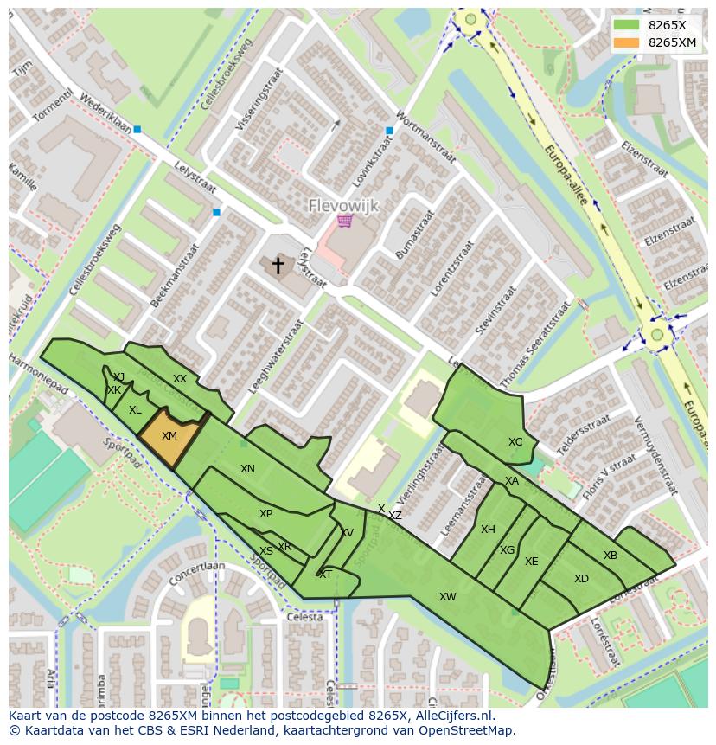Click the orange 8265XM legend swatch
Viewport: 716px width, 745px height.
[627, 42]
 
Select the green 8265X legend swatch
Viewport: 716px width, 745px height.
[627, 25]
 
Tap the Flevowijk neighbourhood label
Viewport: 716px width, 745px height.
[345, 206]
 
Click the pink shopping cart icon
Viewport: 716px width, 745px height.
[345, 222]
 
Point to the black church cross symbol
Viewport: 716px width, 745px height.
[278, 266]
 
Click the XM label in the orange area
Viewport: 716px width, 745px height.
[169, 436]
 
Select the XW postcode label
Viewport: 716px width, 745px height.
[447, 596]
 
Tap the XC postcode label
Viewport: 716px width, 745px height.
[515, 442]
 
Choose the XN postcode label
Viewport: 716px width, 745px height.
[247, 469]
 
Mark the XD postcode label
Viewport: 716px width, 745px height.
[581, 579]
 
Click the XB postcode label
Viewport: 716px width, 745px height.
[611, 556]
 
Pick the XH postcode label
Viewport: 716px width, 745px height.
[488, 530]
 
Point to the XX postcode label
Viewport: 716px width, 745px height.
[180, 379]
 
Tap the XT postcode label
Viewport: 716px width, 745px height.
[326, 575]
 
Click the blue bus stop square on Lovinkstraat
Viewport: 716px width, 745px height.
[390, 131]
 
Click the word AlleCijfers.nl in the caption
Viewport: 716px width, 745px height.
[451, 716]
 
